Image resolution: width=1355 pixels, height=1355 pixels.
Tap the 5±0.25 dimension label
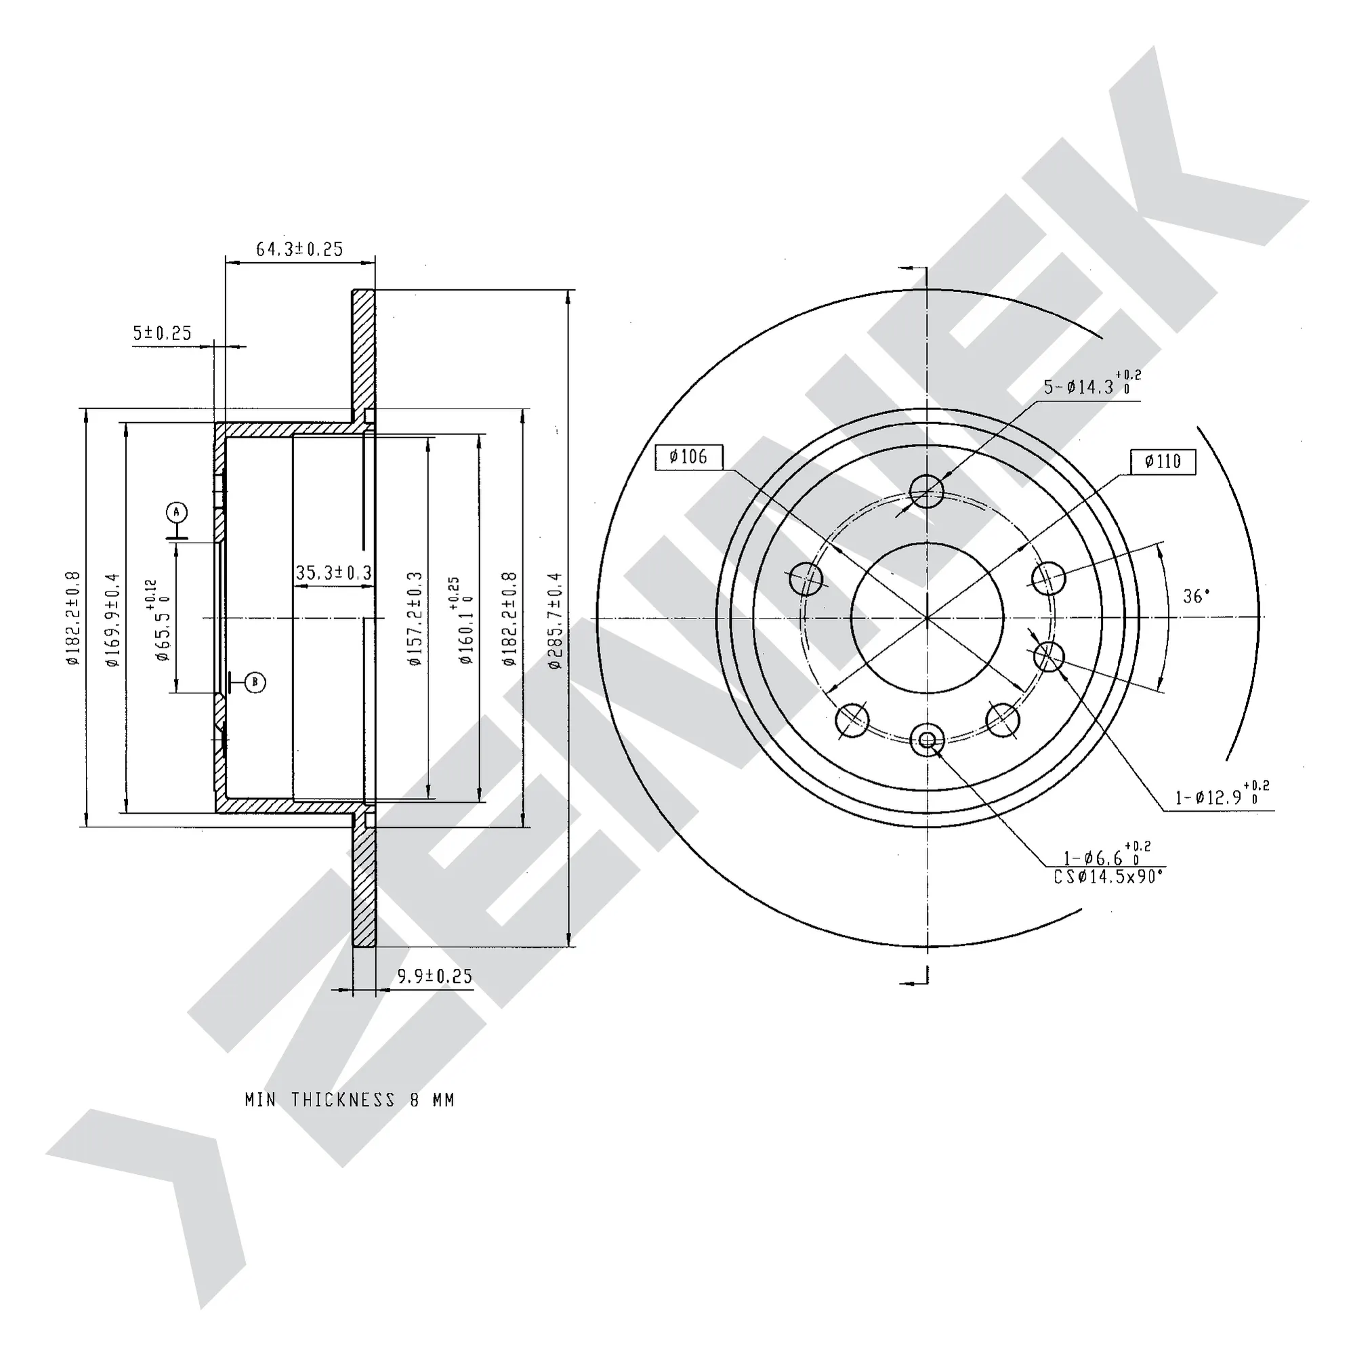(x=162, y=333)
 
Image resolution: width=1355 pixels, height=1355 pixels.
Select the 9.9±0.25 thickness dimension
(x=435, y=976)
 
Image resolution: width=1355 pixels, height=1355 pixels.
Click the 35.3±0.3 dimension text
(x=333, y=573)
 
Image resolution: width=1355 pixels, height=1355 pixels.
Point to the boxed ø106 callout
(x=688, y=457)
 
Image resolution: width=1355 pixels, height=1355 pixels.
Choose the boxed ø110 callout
(x=1163, y=461)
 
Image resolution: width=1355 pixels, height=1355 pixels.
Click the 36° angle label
(x=1196, y=596)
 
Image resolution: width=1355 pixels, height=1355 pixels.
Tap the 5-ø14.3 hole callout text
(x=1092, y=384)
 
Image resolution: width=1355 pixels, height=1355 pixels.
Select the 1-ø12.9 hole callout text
(x=1222, y=795)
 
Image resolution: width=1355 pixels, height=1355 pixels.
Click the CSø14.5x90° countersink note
(x=1109, y=877)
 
